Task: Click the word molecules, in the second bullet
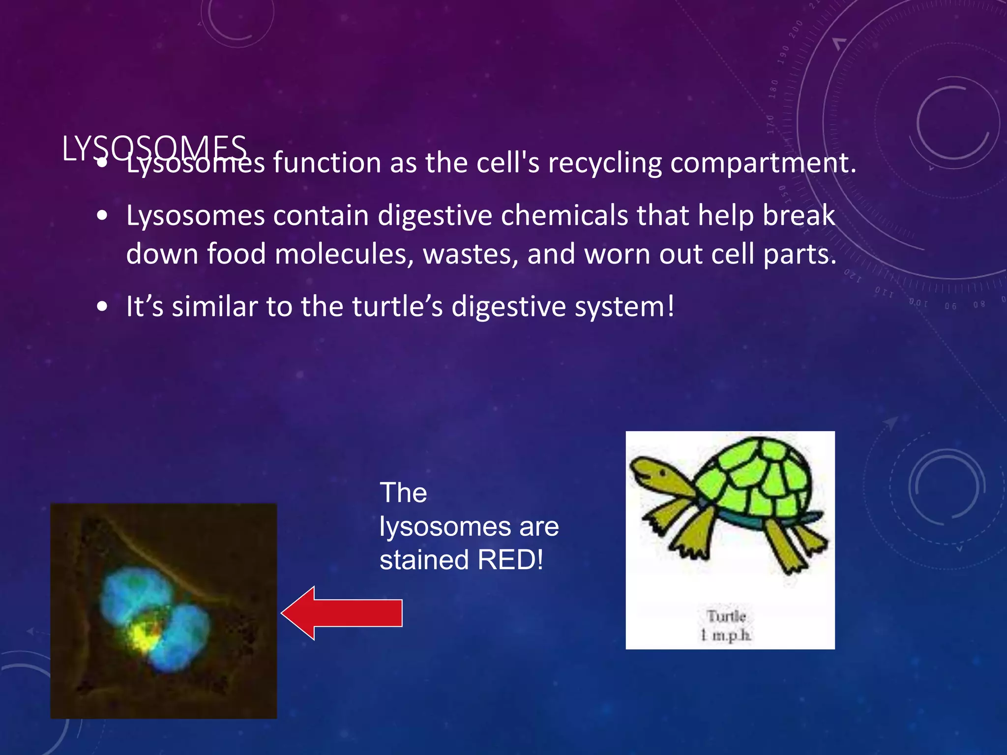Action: pyautogui.click(x=344, y=255)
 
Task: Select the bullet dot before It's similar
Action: pyautogui.click(x=102, y=307)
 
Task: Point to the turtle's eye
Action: pyautogui.click(x=663, y=473)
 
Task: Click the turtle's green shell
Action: pyautogui.click(x=757, y=482)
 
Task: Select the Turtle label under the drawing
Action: pyautogui.click(x=726, y=616)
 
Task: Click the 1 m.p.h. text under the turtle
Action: pyautogui.click(x=726, y=635)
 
